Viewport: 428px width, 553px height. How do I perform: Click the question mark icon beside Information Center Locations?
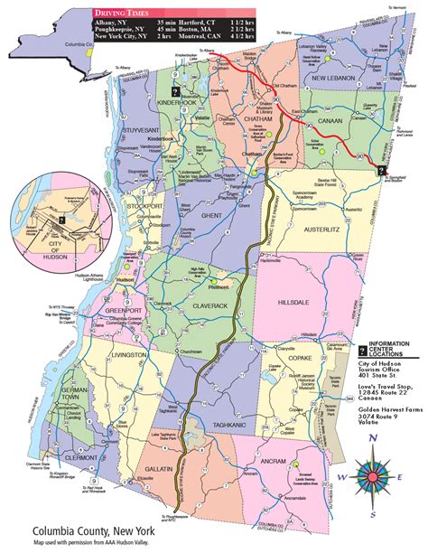363,348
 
